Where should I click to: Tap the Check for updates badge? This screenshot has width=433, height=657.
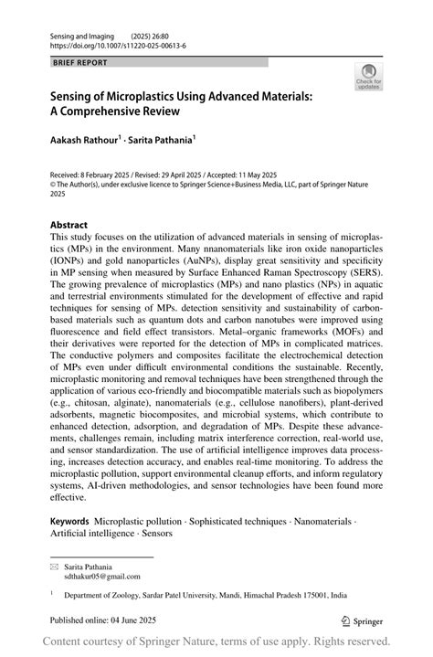pos(369,77)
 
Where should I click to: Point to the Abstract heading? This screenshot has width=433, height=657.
pos(69,225)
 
